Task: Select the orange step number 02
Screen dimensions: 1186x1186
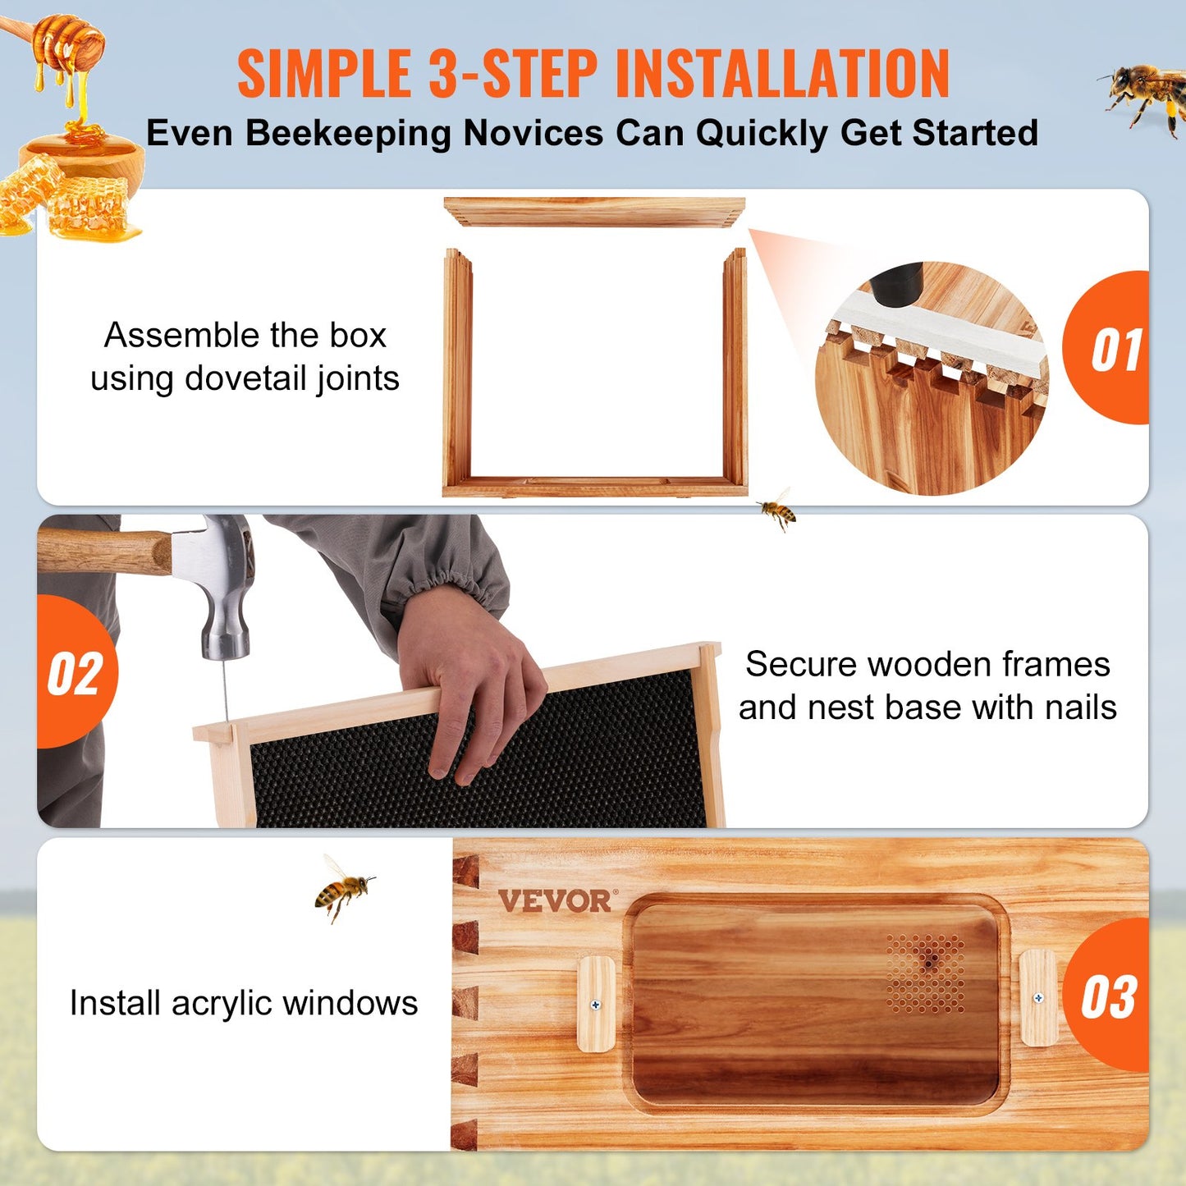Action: point(75,674)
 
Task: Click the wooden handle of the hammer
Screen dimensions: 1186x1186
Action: point(103,551)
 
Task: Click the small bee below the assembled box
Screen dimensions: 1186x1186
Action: point(776,511)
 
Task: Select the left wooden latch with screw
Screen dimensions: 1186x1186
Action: point(596,1004)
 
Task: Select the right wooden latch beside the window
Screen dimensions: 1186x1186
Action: point(1038,998)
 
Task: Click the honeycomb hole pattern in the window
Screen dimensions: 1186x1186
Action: point(926,973)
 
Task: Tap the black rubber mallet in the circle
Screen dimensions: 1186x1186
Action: point(896,283)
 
